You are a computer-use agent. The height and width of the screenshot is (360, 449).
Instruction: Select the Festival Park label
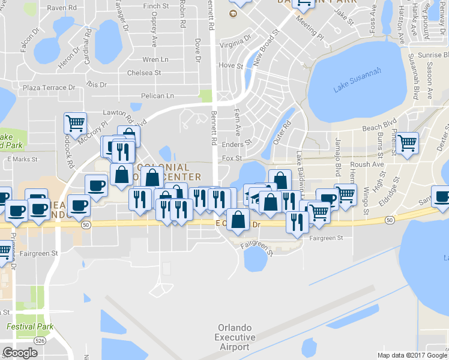click(x=30, y=327)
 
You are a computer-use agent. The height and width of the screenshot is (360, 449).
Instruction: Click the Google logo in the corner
click(x=20, y=353)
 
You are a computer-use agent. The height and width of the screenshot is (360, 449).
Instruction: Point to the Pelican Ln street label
click(x=157, y=95)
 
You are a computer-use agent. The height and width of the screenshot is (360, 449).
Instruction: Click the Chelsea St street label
click(x=144, y=73)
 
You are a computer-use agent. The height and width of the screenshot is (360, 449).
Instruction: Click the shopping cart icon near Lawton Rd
click(x=76, y=124)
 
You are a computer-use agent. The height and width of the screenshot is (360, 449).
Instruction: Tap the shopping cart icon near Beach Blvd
click(x=408, y=143)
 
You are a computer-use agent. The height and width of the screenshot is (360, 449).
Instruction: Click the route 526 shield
click(x=40, y=340)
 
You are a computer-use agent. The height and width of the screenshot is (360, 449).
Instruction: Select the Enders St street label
click(x=236, y=144)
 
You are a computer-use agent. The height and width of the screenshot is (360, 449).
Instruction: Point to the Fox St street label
click(x=231, y=158)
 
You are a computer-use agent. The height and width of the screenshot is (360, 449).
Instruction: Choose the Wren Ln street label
click(x=155, y=59)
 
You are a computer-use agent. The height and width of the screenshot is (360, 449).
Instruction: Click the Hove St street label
click(x=231, y=65)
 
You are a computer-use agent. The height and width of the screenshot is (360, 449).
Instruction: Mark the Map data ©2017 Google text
click(x=412, y=355)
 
